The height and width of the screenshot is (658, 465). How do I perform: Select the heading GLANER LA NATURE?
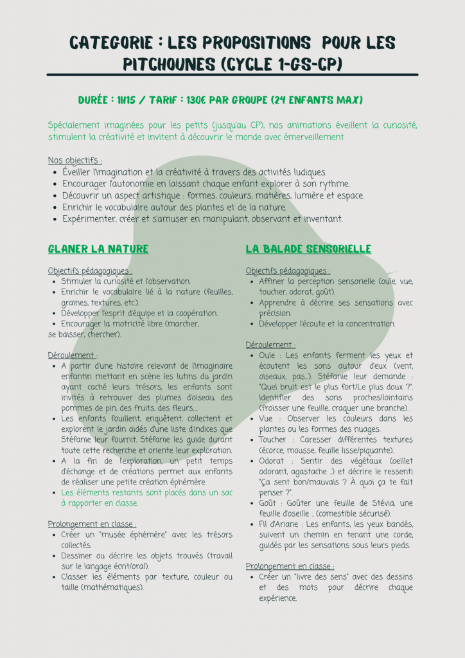click(98, 249)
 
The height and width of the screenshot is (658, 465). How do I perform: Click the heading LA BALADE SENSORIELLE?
click(308, 249)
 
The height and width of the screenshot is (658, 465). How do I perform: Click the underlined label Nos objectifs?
click(75, 160)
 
